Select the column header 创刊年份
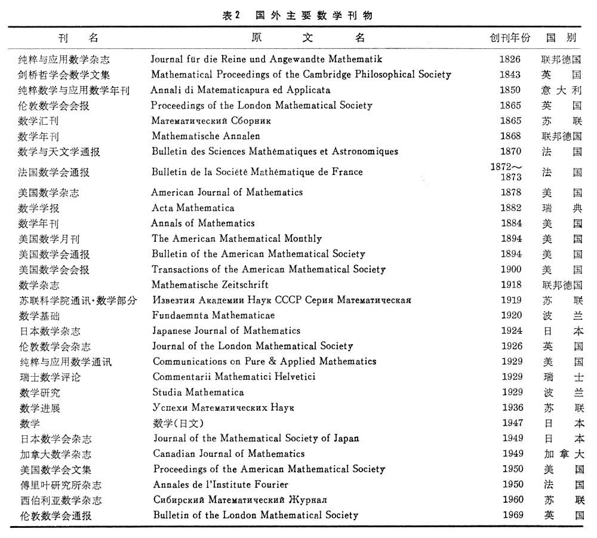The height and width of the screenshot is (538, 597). click(x=509, y=38)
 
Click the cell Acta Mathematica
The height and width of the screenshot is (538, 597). click(x=193, y=208)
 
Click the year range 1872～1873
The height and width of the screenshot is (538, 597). click(x=506, y=172)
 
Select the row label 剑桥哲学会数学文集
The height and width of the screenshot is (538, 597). click(x=64, y=75)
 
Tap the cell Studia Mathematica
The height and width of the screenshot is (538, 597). click(x=198, y=392)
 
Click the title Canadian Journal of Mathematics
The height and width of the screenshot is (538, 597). click(x=229, y=454)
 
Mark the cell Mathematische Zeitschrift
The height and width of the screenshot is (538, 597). click(x=210, y=285)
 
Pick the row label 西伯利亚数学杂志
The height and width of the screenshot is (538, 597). click(x=60, y=500)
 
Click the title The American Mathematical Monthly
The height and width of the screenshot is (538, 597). click(x=236, y=239)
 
